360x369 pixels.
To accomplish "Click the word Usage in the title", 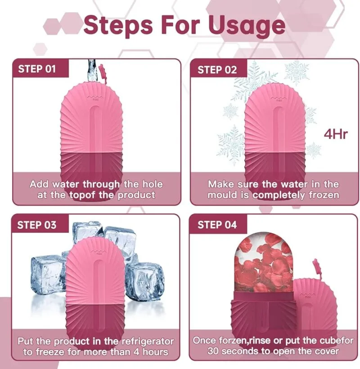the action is [247, 26].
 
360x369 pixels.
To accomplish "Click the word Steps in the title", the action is [118, 26].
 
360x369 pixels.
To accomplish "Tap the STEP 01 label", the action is [37, 69].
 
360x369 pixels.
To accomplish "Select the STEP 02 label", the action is [217, 70].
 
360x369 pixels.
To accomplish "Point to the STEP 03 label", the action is [37, 225].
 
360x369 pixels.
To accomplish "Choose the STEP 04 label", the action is [217, 225].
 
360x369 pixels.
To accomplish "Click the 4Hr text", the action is [336, 134].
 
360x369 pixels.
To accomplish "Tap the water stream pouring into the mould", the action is [92, 70].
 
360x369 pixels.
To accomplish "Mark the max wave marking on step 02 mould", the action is [279, 98].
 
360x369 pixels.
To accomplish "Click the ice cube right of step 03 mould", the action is [144, 280].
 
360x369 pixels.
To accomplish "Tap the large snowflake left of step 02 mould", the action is [231, 144].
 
